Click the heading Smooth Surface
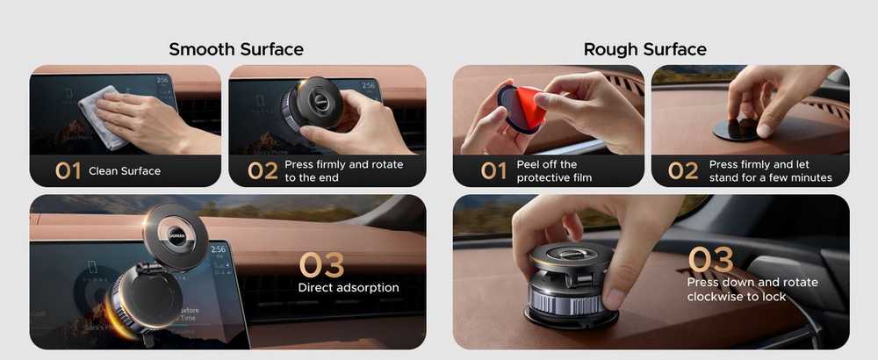pyautogui.click(x=235, y=49)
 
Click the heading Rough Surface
pyautogui.click(x=644, y=49)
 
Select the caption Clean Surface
pyautogui.click(x=125, y=170)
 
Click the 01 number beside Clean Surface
pyautogui.click(x=68, y=170)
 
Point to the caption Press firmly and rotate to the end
pyautogui.click(x=344, y=170)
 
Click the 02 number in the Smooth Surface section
pyautogui.click(x=263, y=170)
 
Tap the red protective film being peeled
pyautogui.click(x=529, y=106)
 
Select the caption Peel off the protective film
pyautogui.click(x=554, y=170)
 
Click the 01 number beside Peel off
pyautogui.click(x=493, y=170)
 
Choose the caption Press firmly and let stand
pyautogui.click(x=771, y=170)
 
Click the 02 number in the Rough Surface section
pyautogui.click(x=683, y=170)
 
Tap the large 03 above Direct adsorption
pyautogui.click(x=321, y=265)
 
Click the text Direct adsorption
pyautogui.click(x=349, y=288)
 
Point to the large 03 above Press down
pyautogui.click(x=710, y=259)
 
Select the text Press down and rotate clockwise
pyautogui.click(x=752, y=289)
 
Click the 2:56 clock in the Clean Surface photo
pyautogui.click(x=164, y=81)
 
